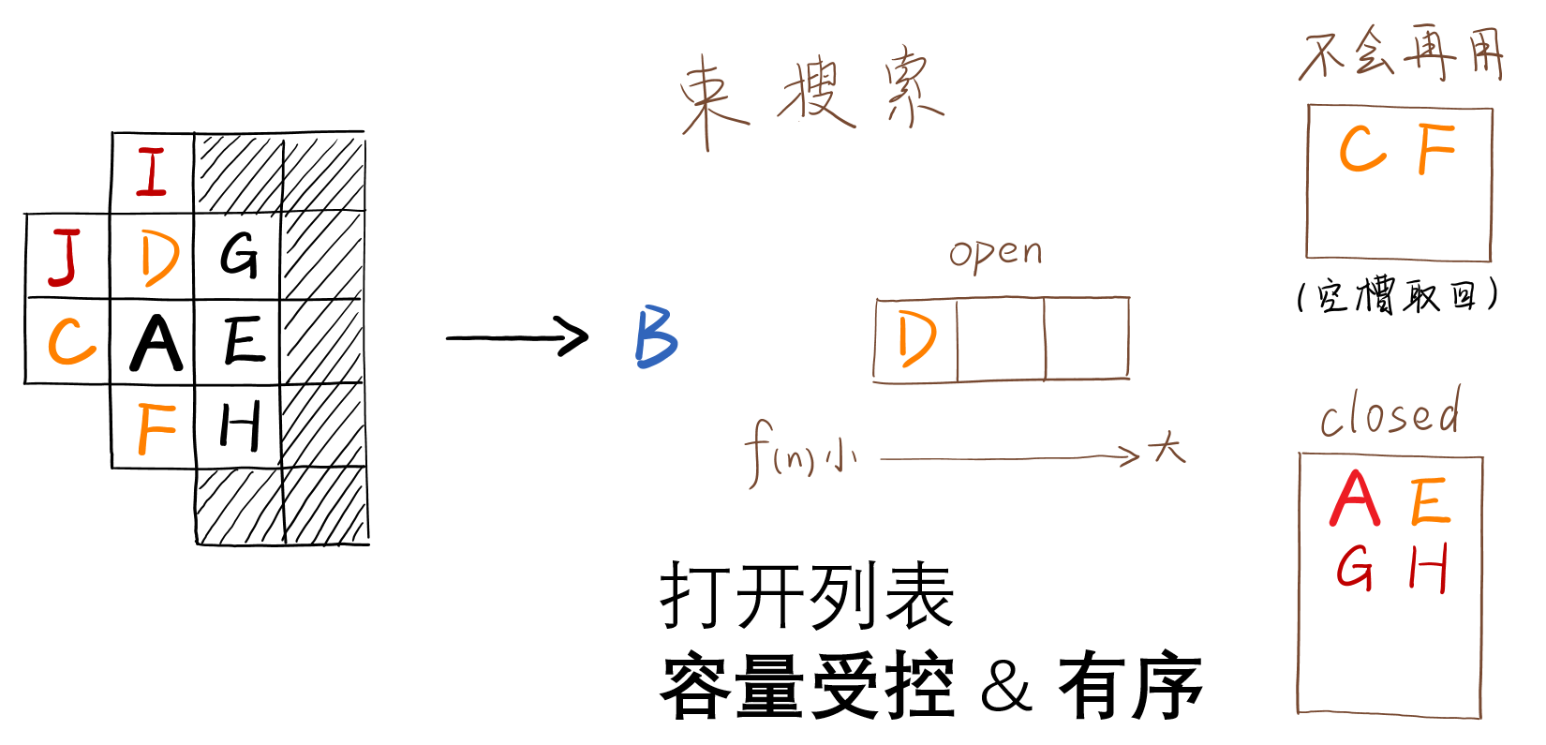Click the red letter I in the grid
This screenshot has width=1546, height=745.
coord(152,172)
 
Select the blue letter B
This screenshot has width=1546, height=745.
coord(656,337)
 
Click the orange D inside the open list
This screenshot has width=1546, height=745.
coord(915,339)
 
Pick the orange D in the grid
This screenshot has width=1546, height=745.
coord(159,258)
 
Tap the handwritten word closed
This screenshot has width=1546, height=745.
coord(1390,414)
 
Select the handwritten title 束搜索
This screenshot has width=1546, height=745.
coord(810,94)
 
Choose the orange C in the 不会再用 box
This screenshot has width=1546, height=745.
coord(1361,150)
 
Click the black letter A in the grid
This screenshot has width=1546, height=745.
coord(155,343)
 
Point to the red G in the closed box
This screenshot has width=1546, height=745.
coord(1355,568)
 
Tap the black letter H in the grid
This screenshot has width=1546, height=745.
coord(240,427)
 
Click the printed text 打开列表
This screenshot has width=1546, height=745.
coord(806,597)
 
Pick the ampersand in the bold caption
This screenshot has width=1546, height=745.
coord(1005,689)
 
